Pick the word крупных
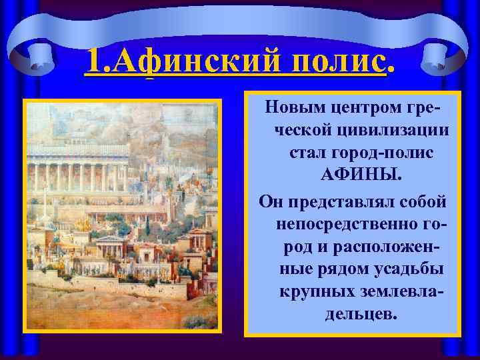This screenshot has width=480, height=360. (x=317, y=291)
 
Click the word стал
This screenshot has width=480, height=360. (x=305, y=153)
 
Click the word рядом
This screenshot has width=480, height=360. (x=346, y=269)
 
